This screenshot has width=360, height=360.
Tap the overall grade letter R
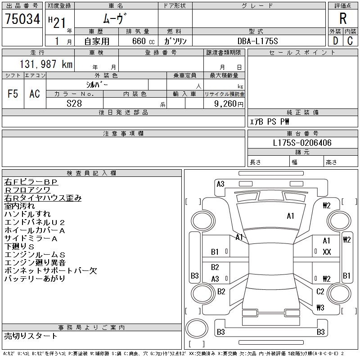343,18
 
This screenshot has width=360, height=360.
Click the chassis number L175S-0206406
302,143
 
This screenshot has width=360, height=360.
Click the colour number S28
74,103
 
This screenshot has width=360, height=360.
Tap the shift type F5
13,94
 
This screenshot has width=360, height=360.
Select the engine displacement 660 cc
140,41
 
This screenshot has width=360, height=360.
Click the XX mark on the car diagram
327,252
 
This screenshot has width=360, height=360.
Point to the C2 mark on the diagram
320,292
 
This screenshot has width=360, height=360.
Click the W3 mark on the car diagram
320,308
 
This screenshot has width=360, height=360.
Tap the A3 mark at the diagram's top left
220,184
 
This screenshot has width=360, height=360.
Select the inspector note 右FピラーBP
31,182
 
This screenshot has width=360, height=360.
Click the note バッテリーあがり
35,279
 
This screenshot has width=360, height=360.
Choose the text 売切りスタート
31,336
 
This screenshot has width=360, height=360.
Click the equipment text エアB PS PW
270,121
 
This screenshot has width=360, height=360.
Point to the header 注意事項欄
123,134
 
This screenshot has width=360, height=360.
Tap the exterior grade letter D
335,41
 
